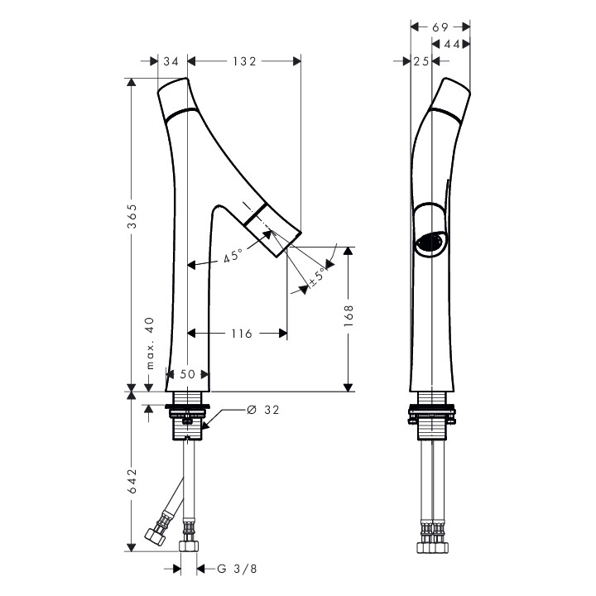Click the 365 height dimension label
[x=132, y=216]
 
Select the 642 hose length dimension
[x=132, y=481]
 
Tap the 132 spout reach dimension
[x=244, y=61]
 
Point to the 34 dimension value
[x=171, y=61]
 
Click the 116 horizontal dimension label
[x=242, y=334]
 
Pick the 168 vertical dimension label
[x=348, y=315]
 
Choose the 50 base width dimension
[x=187, y=374]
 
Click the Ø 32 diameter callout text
[x=263, y=410]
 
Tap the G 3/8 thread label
[x=238, y=569]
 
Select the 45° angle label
[x=233, y=256]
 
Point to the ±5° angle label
[x=318, y=276]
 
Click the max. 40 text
[x=151, y=344]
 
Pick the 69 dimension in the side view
[x=440, y=27]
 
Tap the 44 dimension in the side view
[x=452, y=45]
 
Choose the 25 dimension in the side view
[x=421, y=61]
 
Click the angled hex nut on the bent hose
[x=155, y=536]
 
